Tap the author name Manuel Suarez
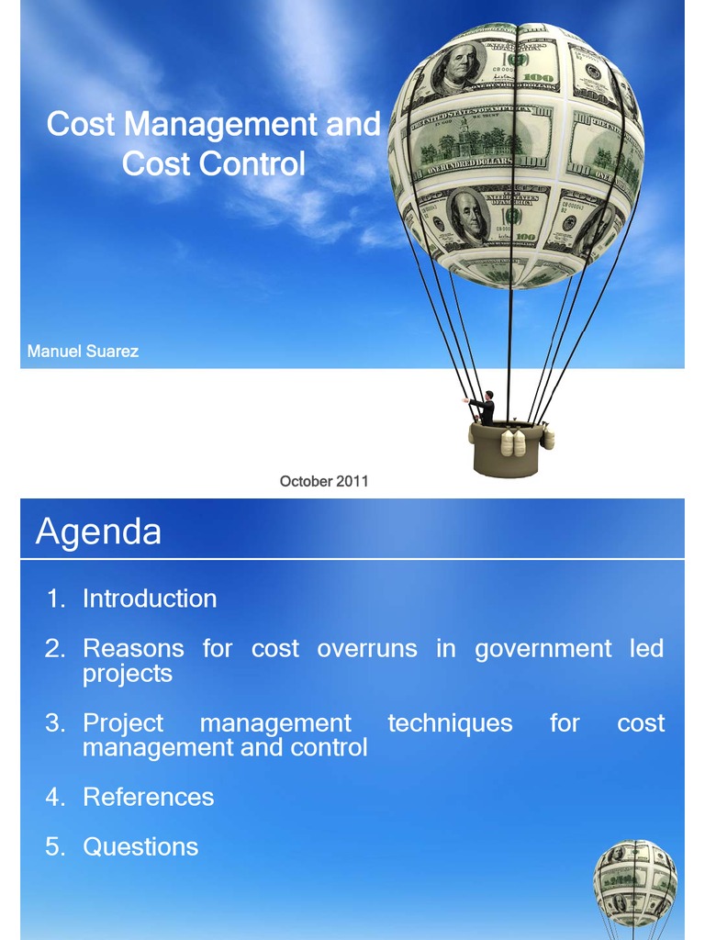[83, 352]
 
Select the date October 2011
[324, 481]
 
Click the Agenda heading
[98, 532]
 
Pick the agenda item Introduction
[150, 599]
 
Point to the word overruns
[366, 649]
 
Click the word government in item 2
[543, 649]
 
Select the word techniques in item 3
[450, 723]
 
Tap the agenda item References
[148, 797]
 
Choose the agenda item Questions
[140, 846]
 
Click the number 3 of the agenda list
[55, 723]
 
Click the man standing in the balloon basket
[486, 408]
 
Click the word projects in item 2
[128, 674]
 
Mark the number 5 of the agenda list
[55, 846]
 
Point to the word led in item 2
[646, 649]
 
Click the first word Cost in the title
[81, 124]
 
